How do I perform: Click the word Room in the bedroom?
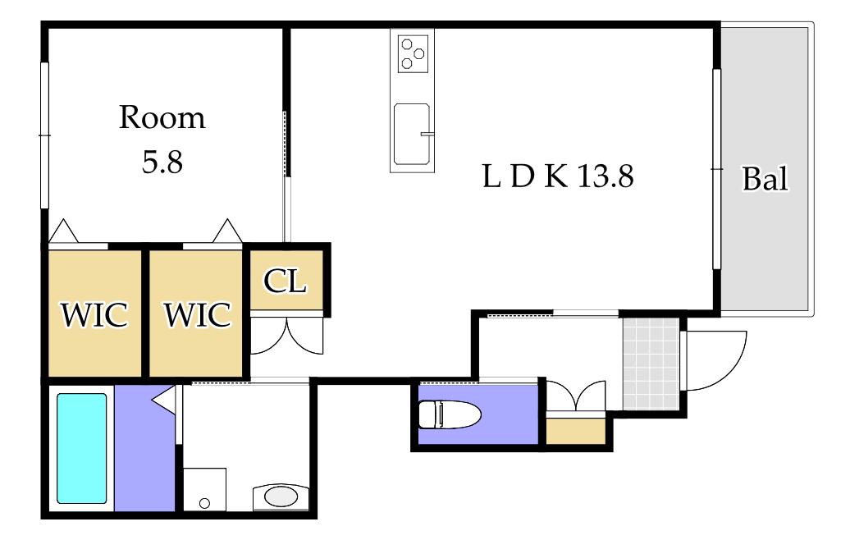coord(162,117)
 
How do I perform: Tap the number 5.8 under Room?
coord(162,162)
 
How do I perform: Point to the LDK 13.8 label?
coord(558,176)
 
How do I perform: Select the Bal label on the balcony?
coord(765,179)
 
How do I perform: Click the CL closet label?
coord(286,281)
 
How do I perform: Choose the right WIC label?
coord(197,315)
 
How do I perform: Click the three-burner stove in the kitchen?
coord(413,53)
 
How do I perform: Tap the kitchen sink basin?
coord(412,134)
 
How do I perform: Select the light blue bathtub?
coord(82,448)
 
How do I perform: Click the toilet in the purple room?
coord(450,414)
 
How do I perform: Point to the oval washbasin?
coord(281,496)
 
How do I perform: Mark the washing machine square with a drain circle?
coord(204,489)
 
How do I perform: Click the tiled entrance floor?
coord(651,364)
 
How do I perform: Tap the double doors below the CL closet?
coord(287,336)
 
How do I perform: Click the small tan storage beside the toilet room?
coord(576,431)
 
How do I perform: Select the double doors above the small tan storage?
coord(576,396)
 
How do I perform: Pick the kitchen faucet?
coord(427,133)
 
